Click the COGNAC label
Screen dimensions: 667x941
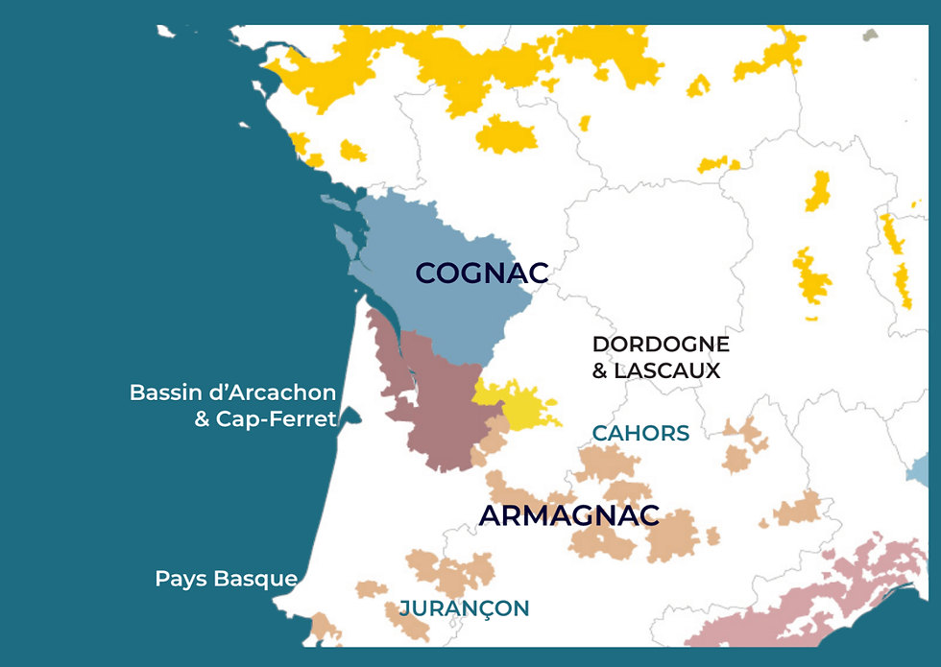click(x=481, y=274)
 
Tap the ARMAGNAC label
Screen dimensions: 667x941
click(x=568, y=515)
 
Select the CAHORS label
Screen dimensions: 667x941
click(x=640, y=434)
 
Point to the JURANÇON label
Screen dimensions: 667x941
click(x=464, y=608)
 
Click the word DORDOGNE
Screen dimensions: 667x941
click(x=661, y=345)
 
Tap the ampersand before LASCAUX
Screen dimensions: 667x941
click(x=600, y=370)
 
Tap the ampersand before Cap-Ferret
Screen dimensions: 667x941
click(x=203, y=419)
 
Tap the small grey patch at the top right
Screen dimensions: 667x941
click(x=870, y=36)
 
